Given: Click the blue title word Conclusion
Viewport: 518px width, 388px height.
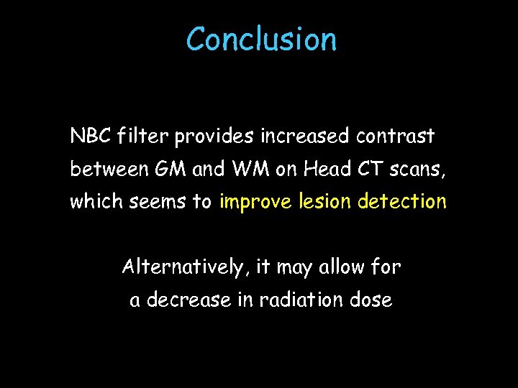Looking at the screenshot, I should click(x=261, y=39).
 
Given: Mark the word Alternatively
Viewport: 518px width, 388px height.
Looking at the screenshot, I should click(x=183, y=268).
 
